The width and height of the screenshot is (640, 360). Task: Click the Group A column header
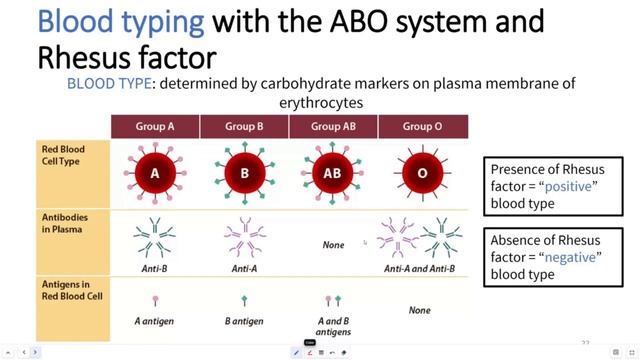(x=155, y=127)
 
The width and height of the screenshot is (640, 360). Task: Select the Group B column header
(x=244, y=127)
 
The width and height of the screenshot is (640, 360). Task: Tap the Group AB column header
(x=333, y=127)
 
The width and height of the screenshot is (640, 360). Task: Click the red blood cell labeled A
(x=155, y=173)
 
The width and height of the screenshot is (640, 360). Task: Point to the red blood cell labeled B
(x=244, y=173)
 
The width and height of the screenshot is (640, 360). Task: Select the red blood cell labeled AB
(x=333, y=173)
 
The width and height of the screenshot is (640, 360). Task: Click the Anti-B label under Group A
(x=154, y=268)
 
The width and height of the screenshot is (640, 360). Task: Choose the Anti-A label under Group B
(x=244, y=268)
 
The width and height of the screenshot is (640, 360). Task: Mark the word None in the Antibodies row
(x=333, y=245)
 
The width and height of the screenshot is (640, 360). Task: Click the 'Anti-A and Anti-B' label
(x=420, y=268)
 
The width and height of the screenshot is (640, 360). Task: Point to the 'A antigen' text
(x=154, y=321)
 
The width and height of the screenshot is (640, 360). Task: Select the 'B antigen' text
(x=244, y=321)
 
